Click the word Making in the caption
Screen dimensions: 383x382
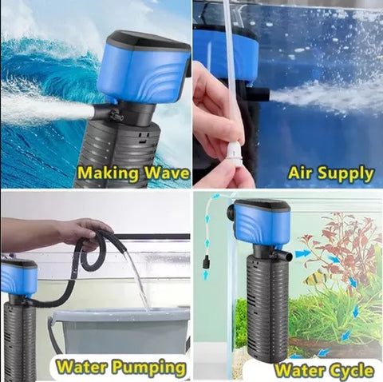click(x=108, y=173)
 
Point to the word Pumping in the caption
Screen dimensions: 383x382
click(x=148, y=368)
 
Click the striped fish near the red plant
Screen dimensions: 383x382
click(x=317, y=278)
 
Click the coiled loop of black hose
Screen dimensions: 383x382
click(x=93, y=250)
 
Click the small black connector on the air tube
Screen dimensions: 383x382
click(x=205, y=262)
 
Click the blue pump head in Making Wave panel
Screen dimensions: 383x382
click(x=145, y=70)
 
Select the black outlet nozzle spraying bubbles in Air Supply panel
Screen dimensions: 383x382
click(x=261, y=94)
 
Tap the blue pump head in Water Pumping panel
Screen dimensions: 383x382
click(x=18, y=277)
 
